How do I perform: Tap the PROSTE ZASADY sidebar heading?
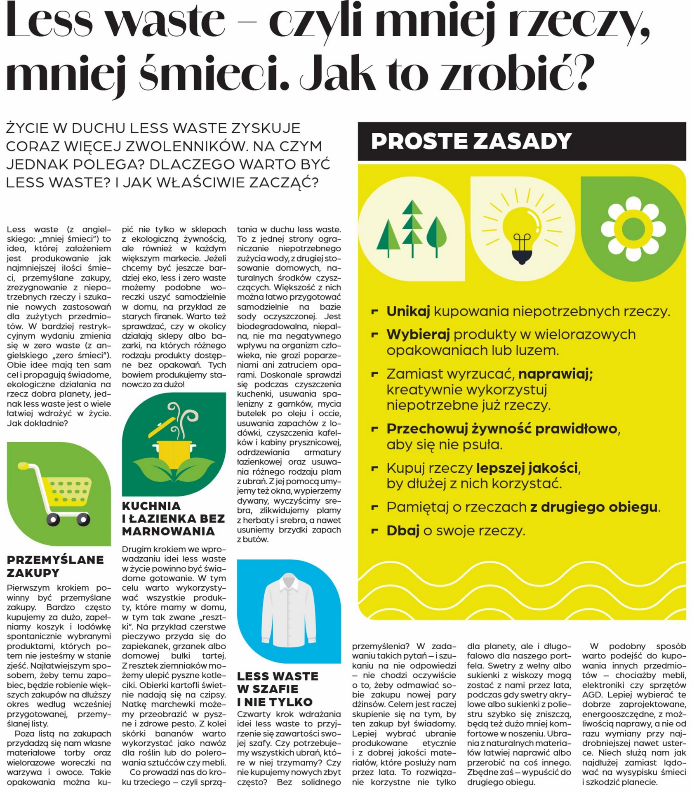(471, 141)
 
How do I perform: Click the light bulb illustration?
(523, 229)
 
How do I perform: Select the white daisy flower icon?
(633, 229)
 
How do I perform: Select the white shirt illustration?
(289, 611)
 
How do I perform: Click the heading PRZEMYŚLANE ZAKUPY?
(55, 566)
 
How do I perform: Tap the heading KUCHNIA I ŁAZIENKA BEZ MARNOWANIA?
(173, 519)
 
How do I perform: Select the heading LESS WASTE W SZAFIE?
(277, 689)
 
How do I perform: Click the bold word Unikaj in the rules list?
(408, 311)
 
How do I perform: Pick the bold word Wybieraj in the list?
(418, 335)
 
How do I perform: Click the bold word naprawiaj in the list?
(555, 374)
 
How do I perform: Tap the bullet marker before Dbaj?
(375, 530)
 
